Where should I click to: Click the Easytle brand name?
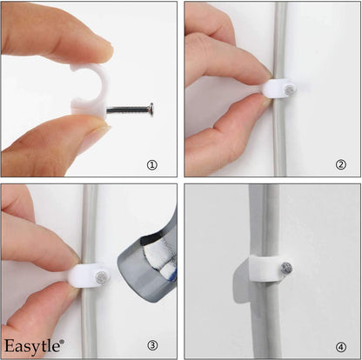click(31, 345)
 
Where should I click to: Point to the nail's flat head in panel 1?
click(151, 110)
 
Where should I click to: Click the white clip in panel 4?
click(257, 273)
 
